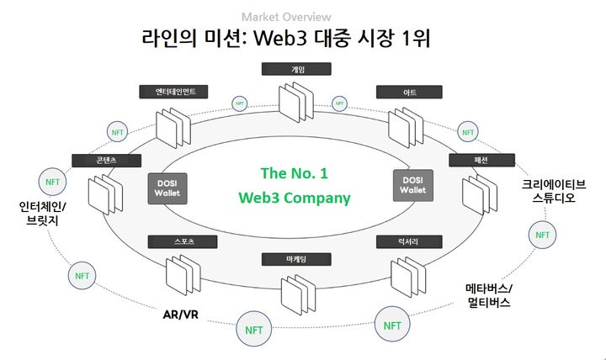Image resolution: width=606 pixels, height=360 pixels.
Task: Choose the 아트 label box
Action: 410,92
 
